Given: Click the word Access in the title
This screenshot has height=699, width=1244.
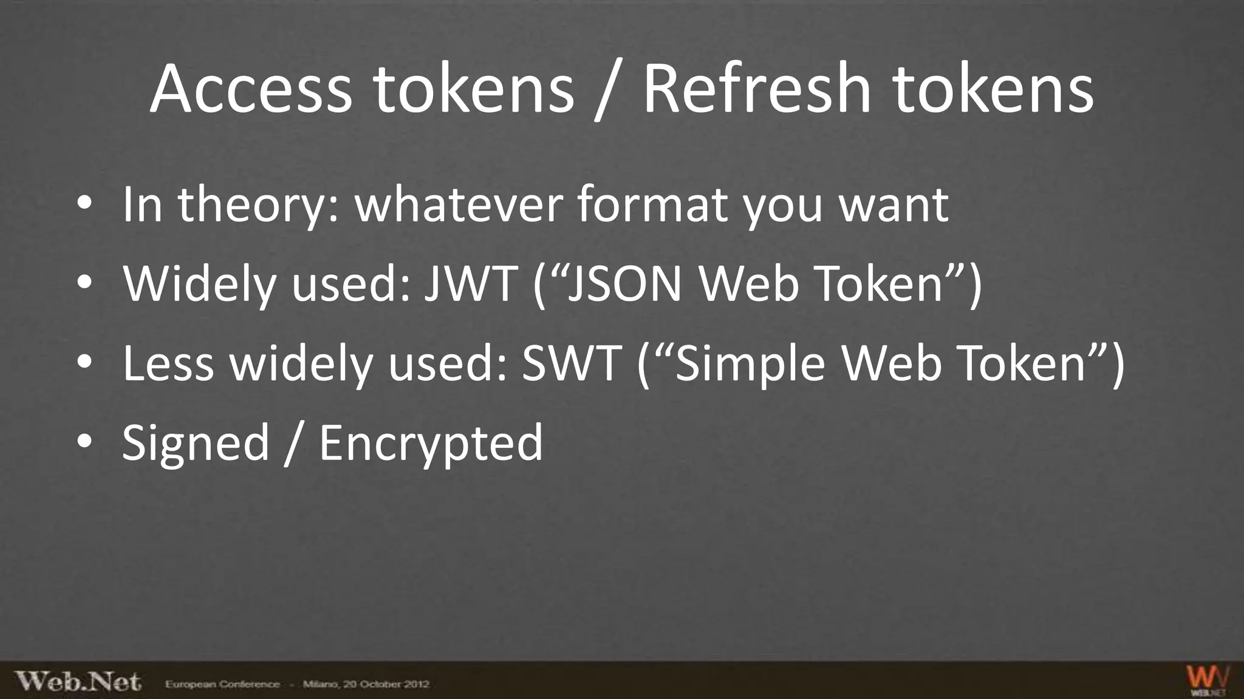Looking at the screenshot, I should pyautogui.click(x=250, y=89).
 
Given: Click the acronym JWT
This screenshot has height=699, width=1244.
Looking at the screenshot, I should pyautogui.click(x=471, y=283).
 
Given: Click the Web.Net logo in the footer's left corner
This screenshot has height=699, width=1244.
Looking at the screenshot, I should pyautogui.click(x=78, y=681).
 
